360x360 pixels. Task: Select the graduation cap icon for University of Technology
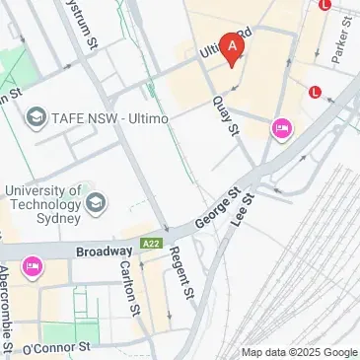click(96, 204)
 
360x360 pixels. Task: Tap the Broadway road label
click(104, 252)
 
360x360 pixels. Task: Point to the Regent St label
click(180, 274)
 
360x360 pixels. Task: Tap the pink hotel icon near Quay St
click(281, 127)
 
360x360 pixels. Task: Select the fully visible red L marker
click(315, 93)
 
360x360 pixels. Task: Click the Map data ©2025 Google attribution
click(300, 352)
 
